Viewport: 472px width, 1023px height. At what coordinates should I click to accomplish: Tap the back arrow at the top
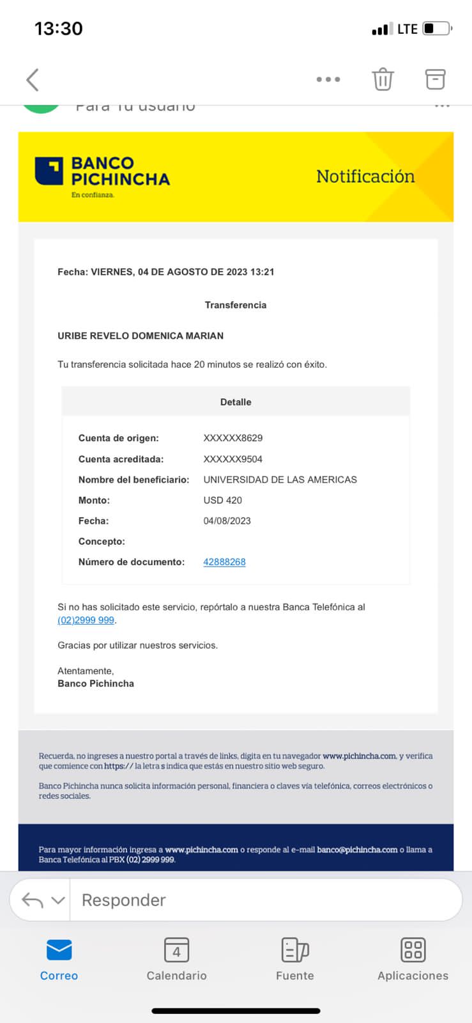click(x=33, y=80)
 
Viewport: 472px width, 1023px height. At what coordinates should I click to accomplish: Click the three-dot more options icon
click(x=328, y=79)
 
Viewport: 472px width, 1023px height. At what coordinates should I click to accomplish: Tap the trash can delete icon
click(x=383, y=79)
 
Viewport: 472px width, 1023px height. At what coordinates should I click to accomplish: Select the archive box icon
click(x=435, y=79)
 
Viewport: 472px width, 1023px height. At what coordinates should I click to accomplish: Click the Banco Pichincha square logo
click(x=49, y=171)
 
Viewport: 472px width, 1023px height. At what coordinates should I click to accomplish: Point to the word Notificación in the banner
click(x=365, y=176)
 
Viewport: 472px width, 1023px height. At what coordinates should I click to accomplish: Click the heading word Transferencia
click(x=236, y=305)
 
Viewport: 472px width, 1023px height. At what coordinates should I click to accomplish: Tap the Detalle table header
click(x=236, y=402)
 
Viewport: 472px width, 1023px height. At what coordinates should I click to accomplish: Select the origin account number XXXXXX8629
click(x=233, y=438)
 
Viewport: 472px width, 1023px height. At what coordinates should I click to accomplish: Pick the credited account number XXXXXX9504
click(x=233, y=459)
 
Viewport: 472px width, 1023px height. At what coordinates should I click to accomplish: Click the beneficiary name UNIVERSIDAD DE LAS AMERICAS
click(x=280, y=480)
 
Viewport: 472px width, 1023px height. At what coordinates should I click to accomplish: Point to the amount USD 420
click(x=223, y=500)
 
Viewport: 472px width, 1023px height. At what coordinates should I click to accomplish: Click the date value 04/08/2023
click(x=227, y=521)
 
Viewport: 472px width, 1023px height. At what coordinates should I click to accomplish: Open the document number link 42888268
click(x=224, y=562)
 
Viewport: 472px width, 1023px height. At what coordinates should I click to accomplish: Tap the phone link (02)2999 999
click(x=86, y=620)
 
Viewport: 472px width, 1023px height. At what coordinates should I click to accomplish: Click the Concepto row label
click(x=102, y=542)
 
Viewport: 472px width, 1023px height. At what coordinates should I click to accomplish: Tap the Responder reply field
click(x=265, y=900)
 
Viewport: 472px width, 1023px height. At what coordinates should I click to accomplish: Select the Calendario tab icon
click(x=176, y=950)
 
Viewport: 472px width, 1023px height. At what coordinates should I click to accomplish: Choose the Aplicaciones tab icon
click(x=413, y=950)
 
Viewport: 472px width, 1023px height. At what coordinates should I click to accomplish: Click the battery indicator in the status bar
click(x=437, y=29)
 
